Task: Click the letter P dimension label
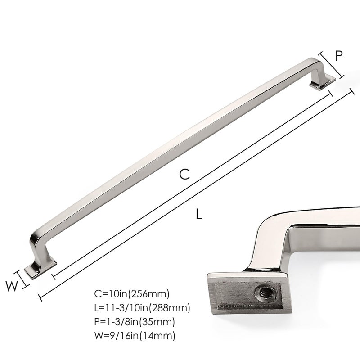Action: (339, 55)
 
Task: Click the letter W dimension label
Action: (12, 286)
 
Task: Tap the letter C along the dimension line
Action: (184, 174)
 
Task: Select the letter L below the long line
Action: (199, 214)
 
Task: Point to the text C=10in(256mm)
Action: (131, 294)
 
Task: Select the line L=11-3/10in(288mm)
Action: (142, 308)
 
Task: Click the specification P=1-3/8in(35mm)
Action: (135, 322)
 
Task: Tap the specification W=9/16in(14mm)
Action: (135, 336)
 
